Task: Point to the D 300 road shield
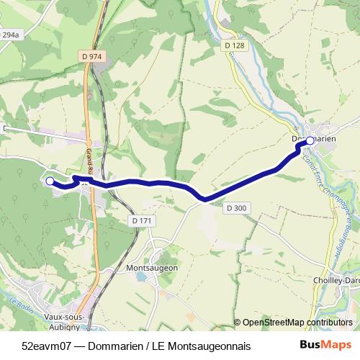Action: pyautogui.click(x=235, y=208)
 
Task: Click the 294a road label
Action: pyautogui.click(x=9, y=35)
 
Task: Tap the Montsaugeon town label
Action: pyautogui.click(x=151, y=268)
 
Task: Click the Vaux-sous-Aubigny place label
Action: pyautogui.click(x=63, y=302)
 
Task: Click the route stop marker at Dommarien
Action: pyautogui.click(x=310, y=140)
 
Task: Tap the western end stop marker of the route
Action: pyautogui.click(x=50, y=181)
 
